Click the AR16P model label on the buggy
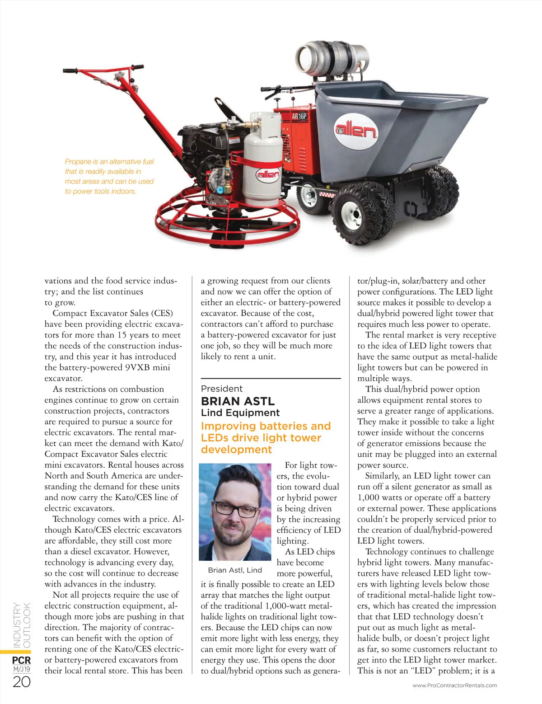click(299, 116)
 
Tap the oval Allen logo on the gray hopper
click(355, 131)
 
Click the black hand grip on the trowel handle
click(73, 71)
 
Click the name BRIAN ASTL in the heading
click(238, 401)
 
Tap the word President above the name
click(221, 389)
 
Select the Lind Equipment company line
click(240, 413)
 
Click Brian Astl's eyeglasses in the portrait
click(237, 511)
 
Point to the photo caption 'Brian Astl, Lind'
click(235, 570)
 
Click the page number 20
click(21, 682)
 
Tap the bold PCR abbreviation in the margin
click(21, 660)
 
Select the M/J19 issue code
click(21, 669)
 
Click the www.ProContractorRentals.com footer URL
click(454, 685)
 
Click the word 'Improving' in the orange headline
click(229, 426)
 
